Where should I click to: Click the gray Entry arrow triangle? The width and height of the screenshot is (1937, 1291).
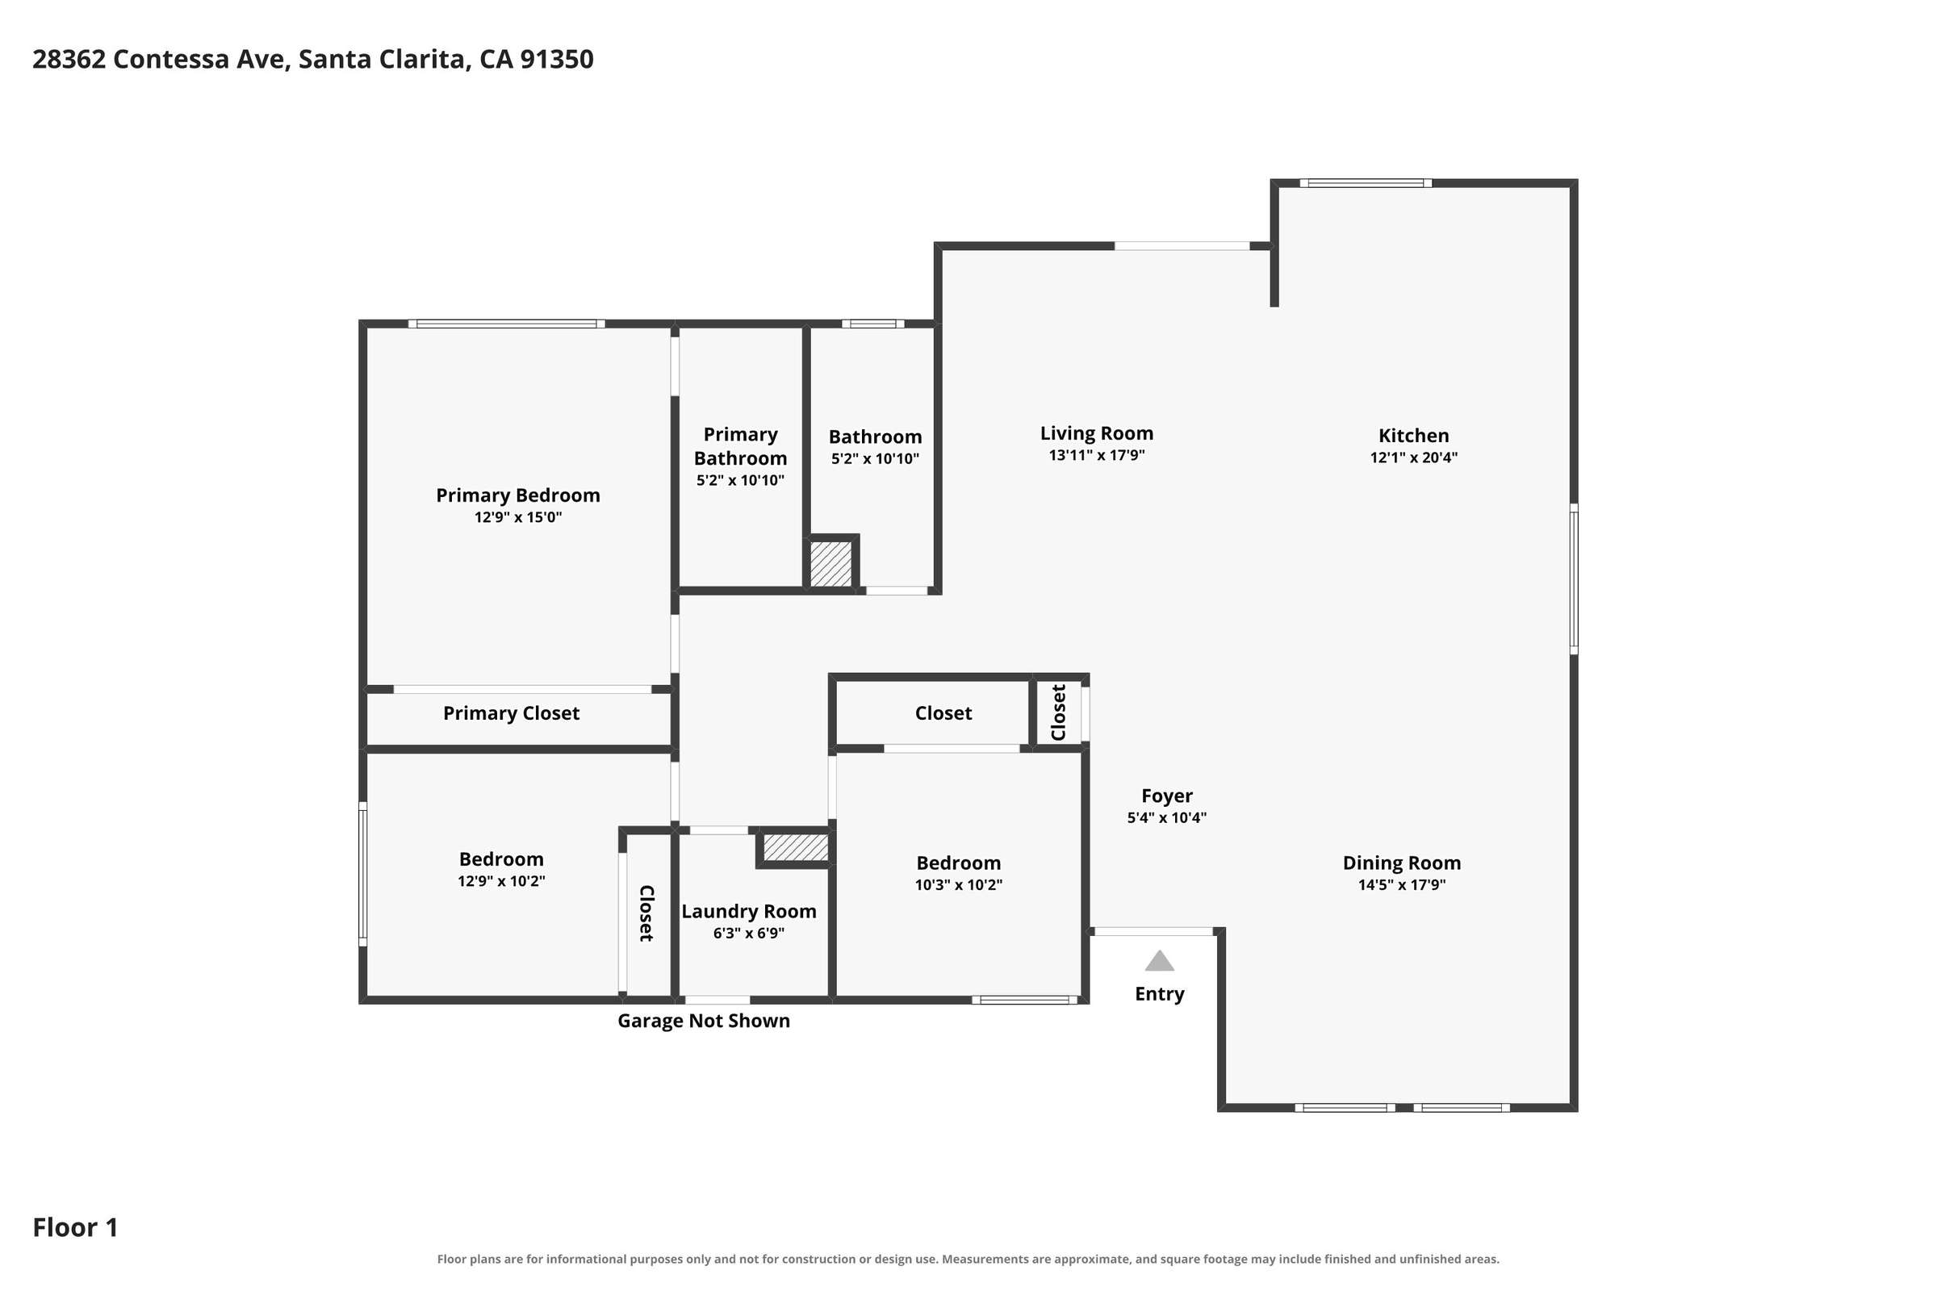pyautogui.click(x=1159, y=961)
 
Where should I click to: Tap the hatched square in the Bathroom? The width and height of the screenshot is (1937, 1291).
pyautogui.click(x=831, y=563)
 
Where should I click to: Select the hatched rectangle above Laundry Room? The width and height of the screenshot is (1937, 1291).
pyautogui.click(x=796, y=847)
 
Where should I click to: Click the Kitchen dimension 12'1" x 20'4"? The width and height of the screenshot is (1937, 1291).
pyautogui.click(x=1413, y=457)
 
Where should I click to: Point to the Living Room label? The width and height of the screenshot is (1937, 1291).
pyautogui.click(x=1096, y=433)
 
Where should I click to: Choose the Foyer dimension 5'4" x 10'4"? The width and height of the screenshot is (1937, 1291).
pyautogui.click(x=1167, y=817)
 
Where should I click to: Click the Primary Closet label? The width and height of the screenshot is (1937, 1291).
pyautogui.click(x=511, y=713)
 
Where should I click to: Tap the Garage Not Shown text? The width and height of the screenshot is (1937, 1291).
pyautogui.click(x=703, y=1021)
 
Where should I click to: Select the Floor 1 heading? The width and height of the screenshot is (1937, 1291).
pyautogui.click(x=75, y=1227)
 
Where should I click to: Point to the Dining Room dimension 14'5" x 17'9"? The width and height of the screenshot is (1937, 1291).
pyautogui.click(x=1402, y=885)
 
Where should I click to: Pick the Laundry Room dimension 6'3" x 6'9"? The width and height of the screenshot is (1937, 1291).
pyautogui.click(x=749, y=933)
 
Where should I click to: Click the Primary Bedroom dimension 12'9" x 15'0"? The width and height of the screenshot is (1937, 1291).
pyautogui.click(x=518, y=517)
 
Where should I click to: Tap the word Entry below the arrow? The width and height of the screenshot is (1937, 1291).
pyautogui.click(x=1160, y=994)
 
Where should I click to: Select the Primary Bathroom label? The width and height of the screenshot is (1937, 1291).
pyautogui.click(x=740, y=446)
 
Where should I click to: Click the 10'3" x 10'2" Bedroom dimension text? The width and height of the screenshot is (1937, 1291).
pyautogui.click(x=959, y=885)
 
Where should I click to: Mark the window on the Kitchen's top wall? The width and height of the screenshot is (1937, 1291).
pyautogui.click(x=1366, y=183)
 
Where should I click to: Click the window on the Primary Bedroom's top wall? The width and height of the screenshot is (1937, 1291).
pyautogui.click(x=507, y=324)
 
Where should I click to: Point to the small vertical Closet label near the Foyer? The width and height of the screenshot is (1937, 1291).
pyautogui.click(x=1058, y=712)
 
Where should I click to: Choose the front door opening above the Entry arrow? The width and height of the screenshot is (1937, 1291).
pyautogui.click(x=1153, y=931)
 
